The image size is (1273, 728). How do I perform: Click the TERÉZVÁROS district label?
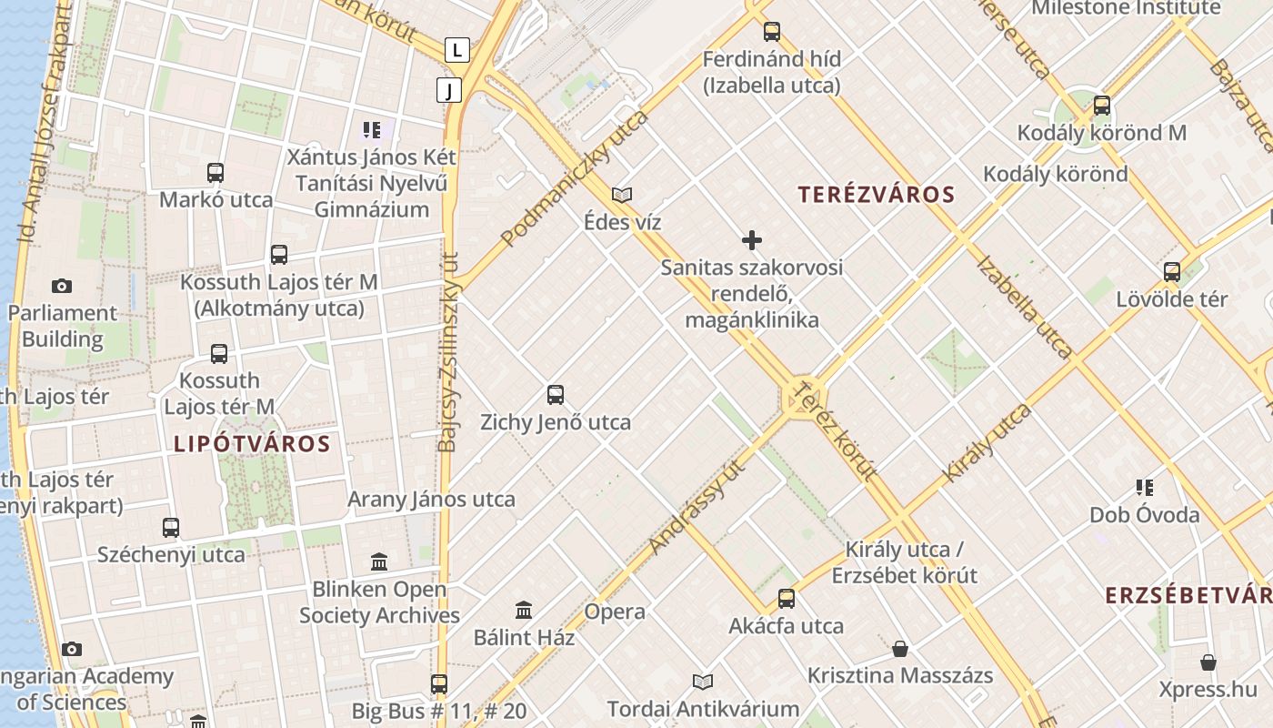(x=877, y=194)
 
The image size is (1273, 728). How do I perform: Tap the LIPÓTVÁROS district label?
(x=252, y=444)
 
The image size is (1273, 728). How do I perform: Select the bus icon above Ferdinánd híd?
(x=772, y=32)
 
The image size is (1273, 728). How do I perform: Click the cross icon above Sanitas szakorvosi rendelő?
(x=752, y=240)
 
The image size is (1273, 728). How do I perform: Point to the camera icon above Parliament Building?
(x=62, y=286)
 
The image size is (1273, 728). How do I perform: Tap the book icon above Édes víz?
(x=622, y=195)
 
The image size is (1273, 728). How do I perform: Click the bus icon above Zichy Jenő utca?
(x=556, y=395)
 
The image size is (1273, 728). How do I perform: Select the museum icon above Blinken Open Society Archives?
(x=379, y=561)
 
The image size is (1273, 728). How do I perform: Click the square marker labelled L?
(x=457, y=49)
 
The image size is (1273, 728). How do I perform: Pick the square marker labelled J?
(x=449, y=90)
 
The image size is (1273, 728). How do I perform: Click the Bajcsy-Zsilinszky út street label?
(x=449, y=350)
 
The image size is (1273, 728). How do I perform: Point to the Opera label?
(x=615, y=612)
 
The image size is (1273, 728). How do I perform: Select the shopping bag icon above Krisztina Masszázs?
(x=900, y=649)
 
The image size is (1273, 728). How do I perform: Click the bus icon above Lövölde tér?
(x=1172, y=271)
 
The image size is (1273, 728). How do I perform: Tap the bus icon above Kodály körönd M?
(x=1102, y=106)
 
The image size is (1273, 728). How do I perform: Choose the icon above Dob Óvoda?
(x=1145, y=488)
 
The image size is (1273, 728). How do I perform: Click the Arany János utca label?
(x=431, y=499)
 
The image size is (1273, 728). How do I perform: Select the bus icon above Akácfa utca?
(x=787, y=599)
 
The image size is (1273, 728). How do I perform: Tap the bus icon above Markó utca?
(x=216, y=172)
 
